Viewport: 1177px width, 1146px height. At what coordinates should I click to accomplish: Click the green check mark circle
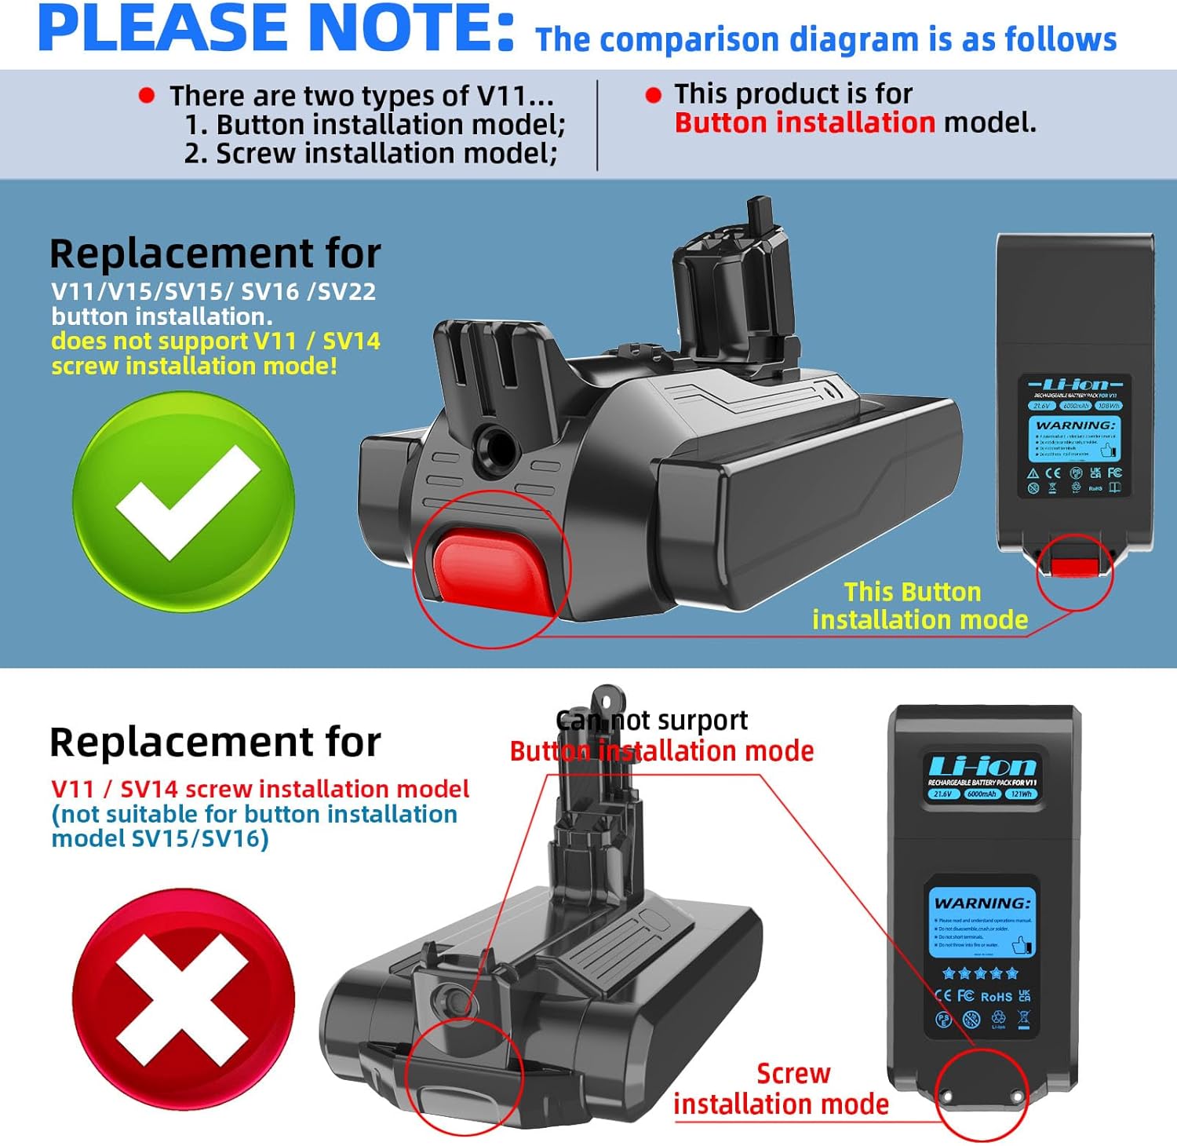[184, 502]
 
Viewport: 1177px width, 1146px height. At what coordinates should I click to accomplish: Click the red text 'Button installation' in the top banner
[804, 123]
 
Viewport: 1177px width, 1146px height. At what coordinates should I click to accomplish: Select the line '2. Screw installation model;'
[371, 153]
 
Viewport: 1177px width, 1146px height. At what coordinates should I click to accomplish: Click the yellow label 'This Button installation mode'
[920, 605]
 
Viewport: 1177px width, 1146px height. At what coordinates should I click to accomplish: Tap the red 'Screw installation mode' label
[782, 1089]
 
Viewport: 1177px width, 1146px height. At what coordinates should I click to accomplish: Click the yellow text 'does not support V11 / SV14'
[216, 341]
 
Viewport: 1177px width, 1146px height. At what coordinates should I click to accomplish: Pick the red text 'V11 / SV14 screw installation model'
[260, 788]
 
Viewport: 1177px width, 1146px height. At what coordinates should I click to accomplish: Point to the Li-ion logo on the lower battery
[982, 766]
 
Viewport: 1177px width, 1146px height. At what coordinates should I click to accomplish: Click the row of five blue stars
[980, 973]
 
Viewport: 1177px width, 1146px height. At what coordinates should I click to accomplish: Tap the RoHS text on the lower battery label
[996, 996]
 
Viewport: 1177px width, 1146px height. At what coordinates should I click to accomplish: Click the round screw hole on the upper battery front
[496, 446]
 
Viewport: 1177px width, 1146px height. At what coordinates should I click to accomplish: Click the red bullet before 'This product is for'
[653, 96]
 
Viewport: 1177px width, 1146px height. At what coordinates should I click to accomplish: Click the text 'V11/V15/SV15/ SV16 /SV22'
[213, 291]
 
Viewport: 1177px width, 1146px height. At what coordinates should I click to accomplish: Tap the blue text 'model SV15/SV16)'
[160, 838]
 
